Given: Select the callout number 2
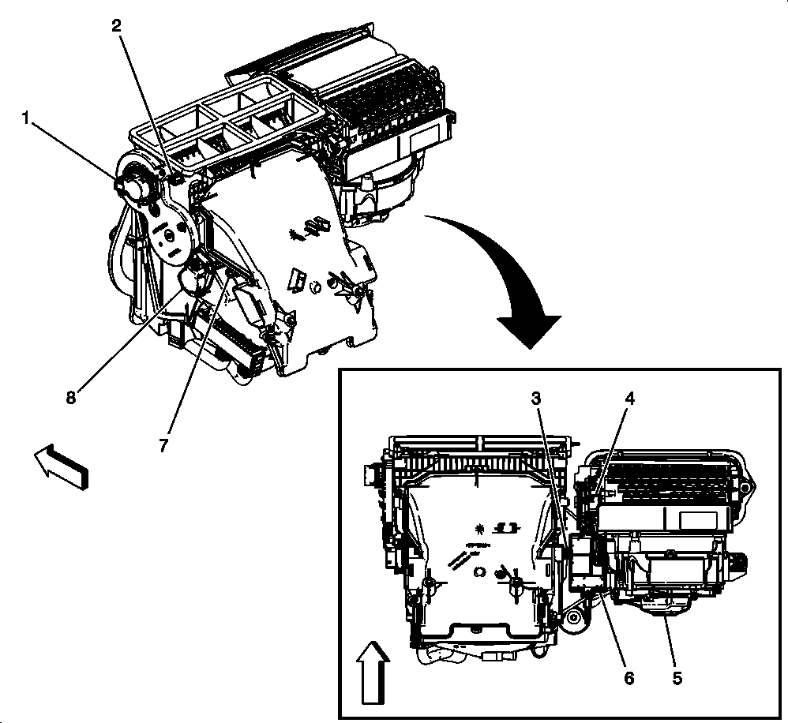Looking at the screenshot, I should pos(116,25).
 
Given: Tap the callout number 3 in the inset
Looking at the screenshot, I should pos(536,399).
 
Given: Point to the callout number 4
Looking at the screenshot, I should pos(629,399).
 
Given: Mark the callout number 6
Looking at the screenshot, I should pos(629,676).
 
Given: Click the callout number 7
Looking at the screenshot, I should pos(163,446).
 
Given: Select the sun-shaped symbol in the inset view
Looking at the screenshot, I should pos(479,526).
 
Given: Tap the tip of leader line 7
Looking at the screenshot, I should pos(229,272).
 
